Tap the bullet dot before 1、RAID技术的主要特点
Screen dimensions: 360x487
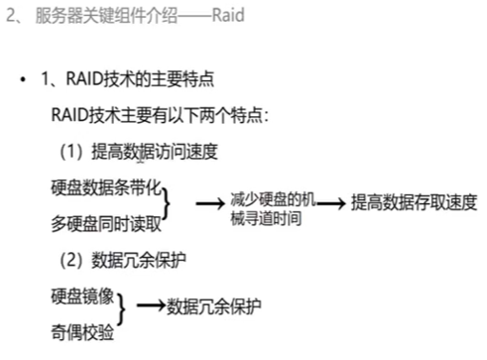pyautogui.click(x=22, y=80)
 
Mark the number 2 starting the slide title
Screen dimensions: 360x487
pyautogui.click(x=11, y=18)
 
